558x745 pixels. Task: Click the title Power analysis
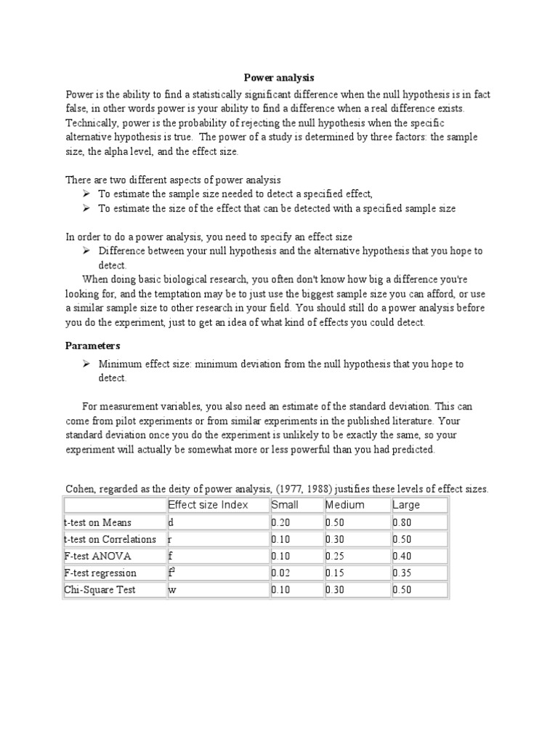click(x=278, y=76)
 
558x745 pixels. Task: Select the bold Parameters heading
click(x=93, y=345)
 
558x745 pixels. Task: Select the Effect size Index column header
click(x=208, y=505)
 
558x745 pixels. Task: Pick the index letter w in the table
click(x=172, y=589)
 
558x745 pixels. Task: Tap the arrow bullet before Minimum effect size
click(x=86, y=363)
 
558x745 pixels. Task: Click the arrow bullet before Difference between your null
click(x=86, y=250)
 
